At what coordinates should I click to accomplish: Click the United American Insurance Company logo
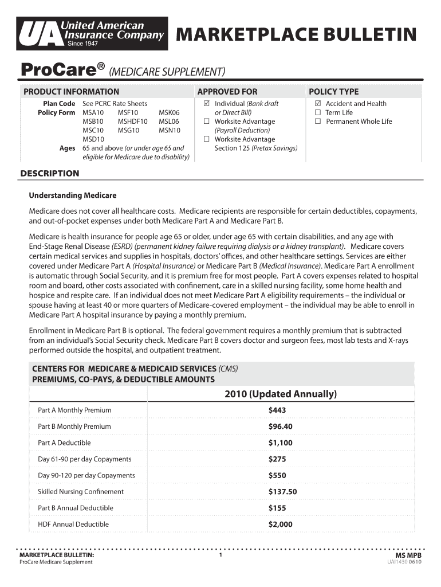coord(92,33)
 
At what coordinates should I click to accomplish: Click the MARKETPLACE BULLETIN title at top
coord(296,35)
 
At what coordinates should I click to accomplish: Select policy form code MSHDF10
coord(132,122)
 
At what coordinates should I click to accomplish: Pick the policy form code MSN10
coord(169,130)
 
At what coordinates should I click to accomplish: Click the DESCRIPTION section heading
coord(50,174)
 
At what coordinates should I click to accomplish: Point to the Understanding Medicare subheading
coord(73,195)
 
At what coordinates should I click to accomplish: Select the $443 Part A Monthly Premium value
coord(277,410)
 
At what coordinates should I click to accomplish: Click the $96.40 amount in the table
coord(281,426)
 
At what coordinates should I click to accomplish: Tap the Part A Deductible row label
coord(64,443)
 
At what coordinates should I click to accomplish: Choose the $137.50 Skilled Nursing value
coord(283,492)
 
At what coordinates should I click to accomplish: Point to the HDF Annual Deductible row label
coord(73,524)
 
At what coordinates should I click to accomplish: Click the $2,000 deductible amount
coord(281,524)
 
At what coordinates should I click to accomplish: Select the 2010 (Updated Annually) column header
coord(281,394)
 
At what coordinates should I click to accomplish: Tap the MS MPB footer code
coord(409,555)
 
